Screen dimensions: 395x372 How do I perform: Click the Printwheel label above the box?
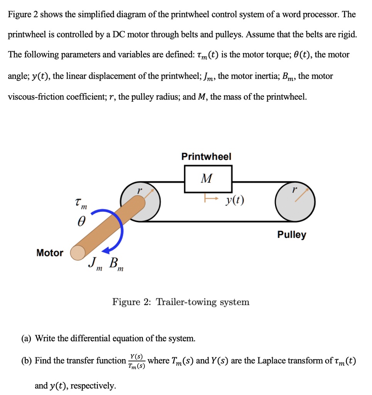click(206, 157)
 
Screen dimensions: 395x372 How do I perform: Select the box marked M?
click(208, 179)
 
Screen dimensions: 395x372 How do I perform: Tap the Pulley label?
click(291, 235)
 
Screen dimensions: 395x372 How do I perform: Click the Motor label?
click(50, 253)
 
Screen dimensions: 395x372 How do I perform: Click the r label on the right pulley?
click(295, 190)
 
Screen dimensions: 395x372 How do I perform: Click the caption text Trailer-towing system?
click(202, 302)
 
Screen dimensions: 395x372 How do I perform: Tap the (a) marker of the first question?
click(26, 339)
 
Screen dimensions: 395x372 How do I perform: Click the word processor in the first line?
click(322, 15)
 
